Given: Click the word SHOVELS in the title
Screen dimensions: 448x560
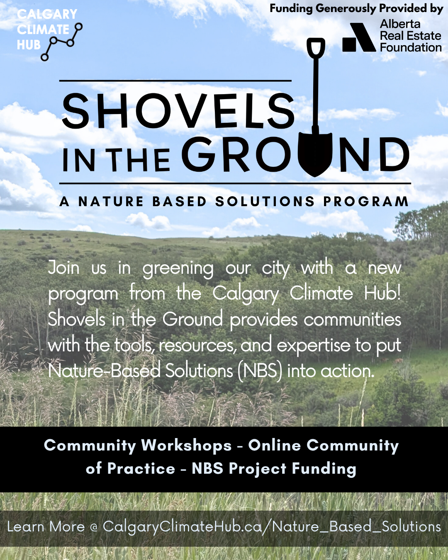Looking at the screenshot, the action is click(x=178, y=110).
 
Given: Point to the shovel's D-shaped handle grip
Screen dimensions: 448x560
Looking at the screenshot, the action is click(x=316, y=47).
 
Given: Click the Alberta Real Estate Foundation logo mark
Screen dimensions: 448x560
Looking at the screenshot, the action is click(x=359, y=37).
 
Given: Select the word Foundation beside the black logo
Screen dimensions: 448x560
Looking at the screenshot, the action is click(x=411, y=48).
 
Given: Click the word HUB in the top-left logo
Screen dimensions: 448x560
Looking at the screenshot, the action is click(x=29, y=45).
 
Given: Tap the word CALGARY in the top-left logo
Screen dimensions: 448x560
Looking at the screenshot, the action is click(x=47, y=14).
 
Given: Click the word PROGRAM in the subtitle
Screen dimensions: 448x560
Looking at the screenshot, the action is click(x=365, y=202).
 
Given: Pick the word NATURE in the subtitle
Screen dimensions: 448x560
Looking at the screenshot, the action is click(x=111, y=202).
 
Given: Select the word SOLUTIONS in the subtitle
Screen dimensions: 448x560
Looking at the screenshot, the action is click(x=265, y=202).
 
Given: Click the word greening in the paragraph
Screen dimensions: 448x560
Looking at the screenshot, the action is click(x=178, y=269).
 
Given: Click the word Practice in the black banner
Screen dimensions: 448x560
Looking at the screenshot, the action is click(x=141, y=469).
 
